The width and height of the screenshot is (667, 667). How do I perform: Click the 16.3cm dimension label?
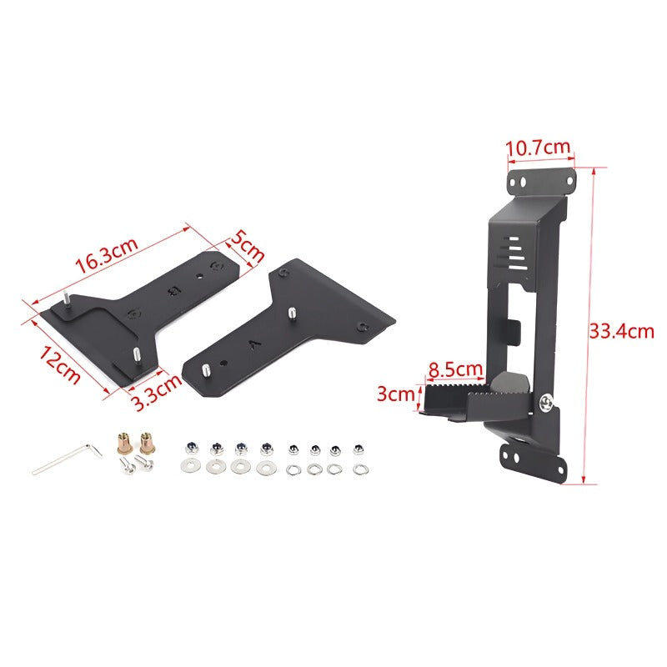(x=106, y=254)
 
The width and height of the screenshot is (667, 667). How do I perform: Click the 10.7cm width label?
(x=539, y=148)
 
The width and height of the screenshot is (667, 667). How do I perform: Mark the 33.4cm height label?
(x=621, y=331)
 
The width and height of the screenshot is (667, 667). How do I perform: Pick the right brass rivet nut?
(x=148, y=439)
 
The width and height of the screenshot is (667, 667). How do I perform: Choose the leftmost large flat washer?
(x=190, y=466)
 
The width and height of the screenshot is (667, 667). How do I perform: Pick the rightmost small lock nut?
(x=359, y=449)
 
